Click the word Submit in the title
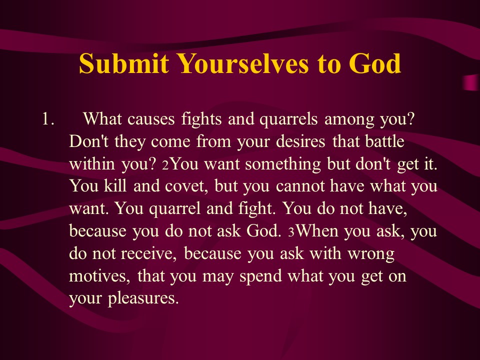click(x=123, y=63)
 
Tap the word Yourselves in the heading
click(x=243, y=63)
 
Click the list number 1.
click(x=48, y=119)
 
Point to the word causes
click(x=151, y=119)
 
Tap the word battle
click(x=384, y=141)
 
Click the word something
click(x=283, y=164)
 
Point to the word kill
click(x=115, y=186)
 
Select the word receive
click(x=148, y=254)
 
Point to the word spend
click(x=260, y=276)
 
